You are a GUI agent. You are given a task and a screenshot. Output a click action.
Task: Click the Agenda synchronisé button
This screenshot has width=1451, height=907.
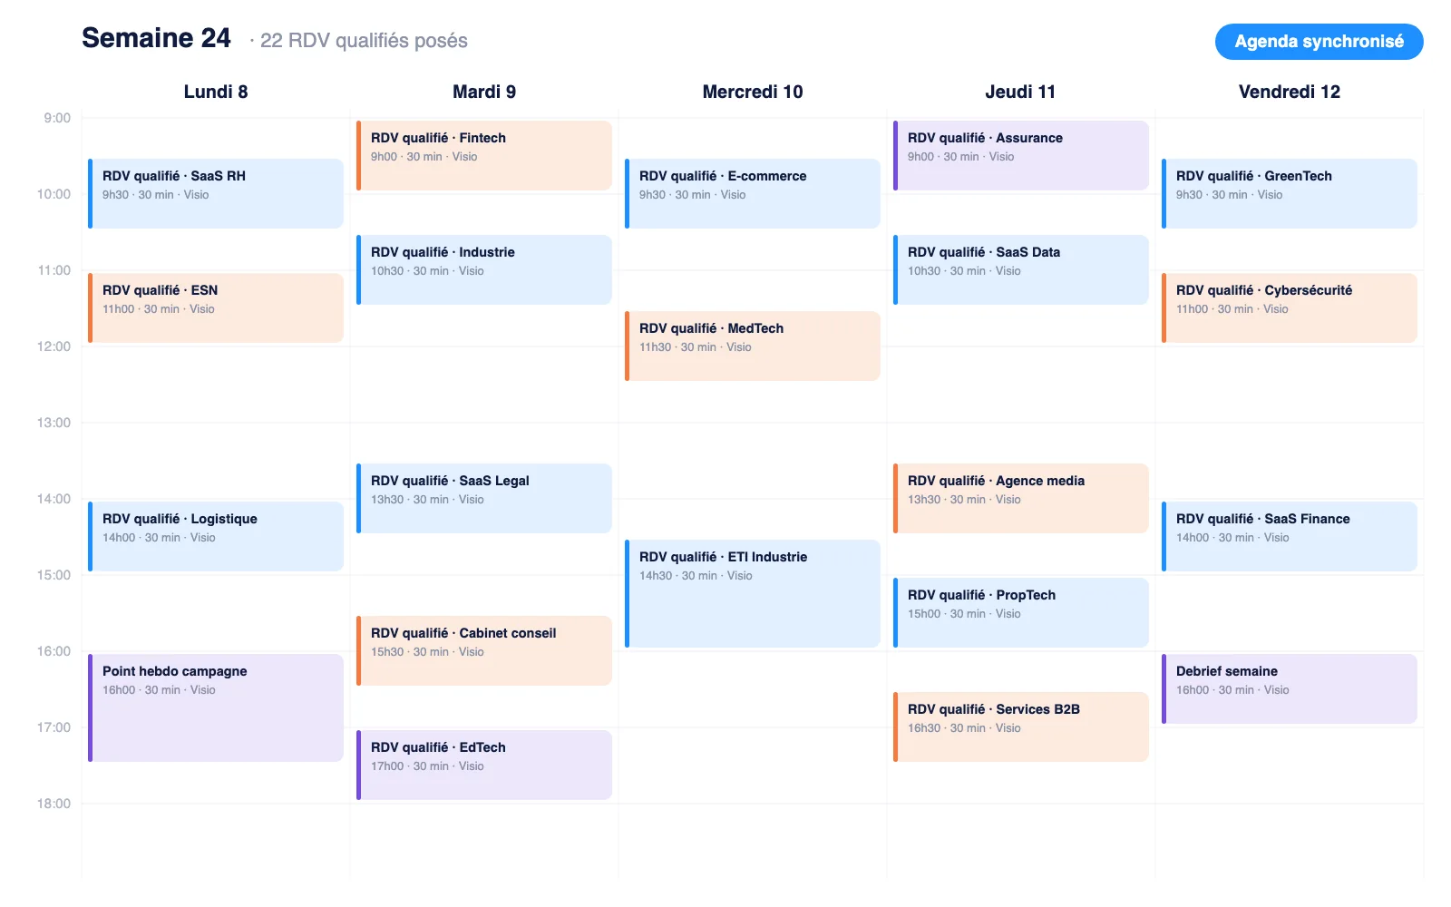click(1319, 42)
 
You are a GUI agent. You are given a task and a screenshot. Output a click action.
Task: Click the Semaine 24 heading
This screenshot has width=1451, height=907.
click(156, 38)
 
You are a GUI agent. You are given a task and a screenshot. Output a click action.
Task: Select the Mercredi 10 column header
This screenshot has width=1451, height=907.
click(753, 92)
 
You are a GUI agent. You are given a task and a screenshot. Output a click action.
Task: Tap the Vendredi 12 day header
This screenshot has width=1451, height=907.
click(1289, 92)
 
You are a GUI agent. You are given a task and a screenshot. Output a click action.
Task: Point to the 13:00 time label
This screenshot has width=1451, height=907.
click(54, 423)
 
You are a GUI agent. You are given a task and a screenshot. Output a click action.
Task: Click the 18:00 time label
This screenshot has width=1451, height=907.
click(54, 804)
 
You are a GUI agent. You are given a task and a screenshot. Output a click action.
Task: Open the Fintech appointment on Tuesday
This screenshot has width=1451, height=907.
click(484, 155)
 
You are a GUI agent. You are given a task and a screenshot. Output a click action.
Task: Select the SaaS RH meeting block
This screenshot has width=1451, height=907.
click(216, 194)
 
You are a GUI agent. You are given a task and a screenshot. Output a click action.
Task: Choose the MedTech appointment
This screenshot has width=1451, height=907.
click(753, 346)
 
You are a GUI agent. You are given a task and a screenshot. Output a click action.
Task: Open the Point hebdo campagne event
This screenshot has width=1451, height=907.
click(216, 708)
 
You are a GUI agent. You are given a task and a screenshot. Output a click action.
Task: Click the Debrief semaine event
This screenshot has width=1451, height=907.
click(1290, 688)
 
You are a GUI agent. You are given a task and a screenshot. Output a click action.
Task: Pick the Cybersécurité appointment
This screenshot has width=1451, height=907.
click(1290, 307)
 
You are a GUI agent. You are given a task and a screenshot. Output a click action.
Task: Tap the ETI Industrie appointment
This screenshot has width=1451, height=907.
click(753, 593)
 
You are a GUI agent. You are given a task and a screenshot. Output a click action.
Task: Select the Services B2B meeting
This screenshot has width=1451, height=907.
click(1021, 727)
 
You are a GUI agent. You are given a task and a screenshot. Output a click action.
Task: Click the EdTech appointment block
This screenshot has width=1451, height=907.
click(484, 766)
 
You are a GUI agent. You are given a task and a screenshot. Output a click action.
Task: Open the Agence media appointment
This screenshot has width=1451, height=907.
click(1021, 498)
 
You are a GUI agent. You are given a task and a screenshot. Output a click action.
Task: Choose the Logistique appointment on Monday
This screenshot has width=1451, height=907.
click(216, 536)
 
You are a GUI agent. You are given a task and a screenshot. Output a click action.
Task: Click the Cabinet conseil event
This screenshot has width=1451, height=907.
click(484, 650)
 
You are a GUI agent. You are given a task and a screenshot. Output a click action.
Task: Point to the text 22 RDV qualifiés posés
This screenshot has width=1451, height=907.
click(364, 41)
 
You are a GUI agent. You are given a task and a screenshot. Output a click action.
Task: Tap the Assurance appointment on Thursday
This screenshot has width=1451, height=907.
click(1021, 155)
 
